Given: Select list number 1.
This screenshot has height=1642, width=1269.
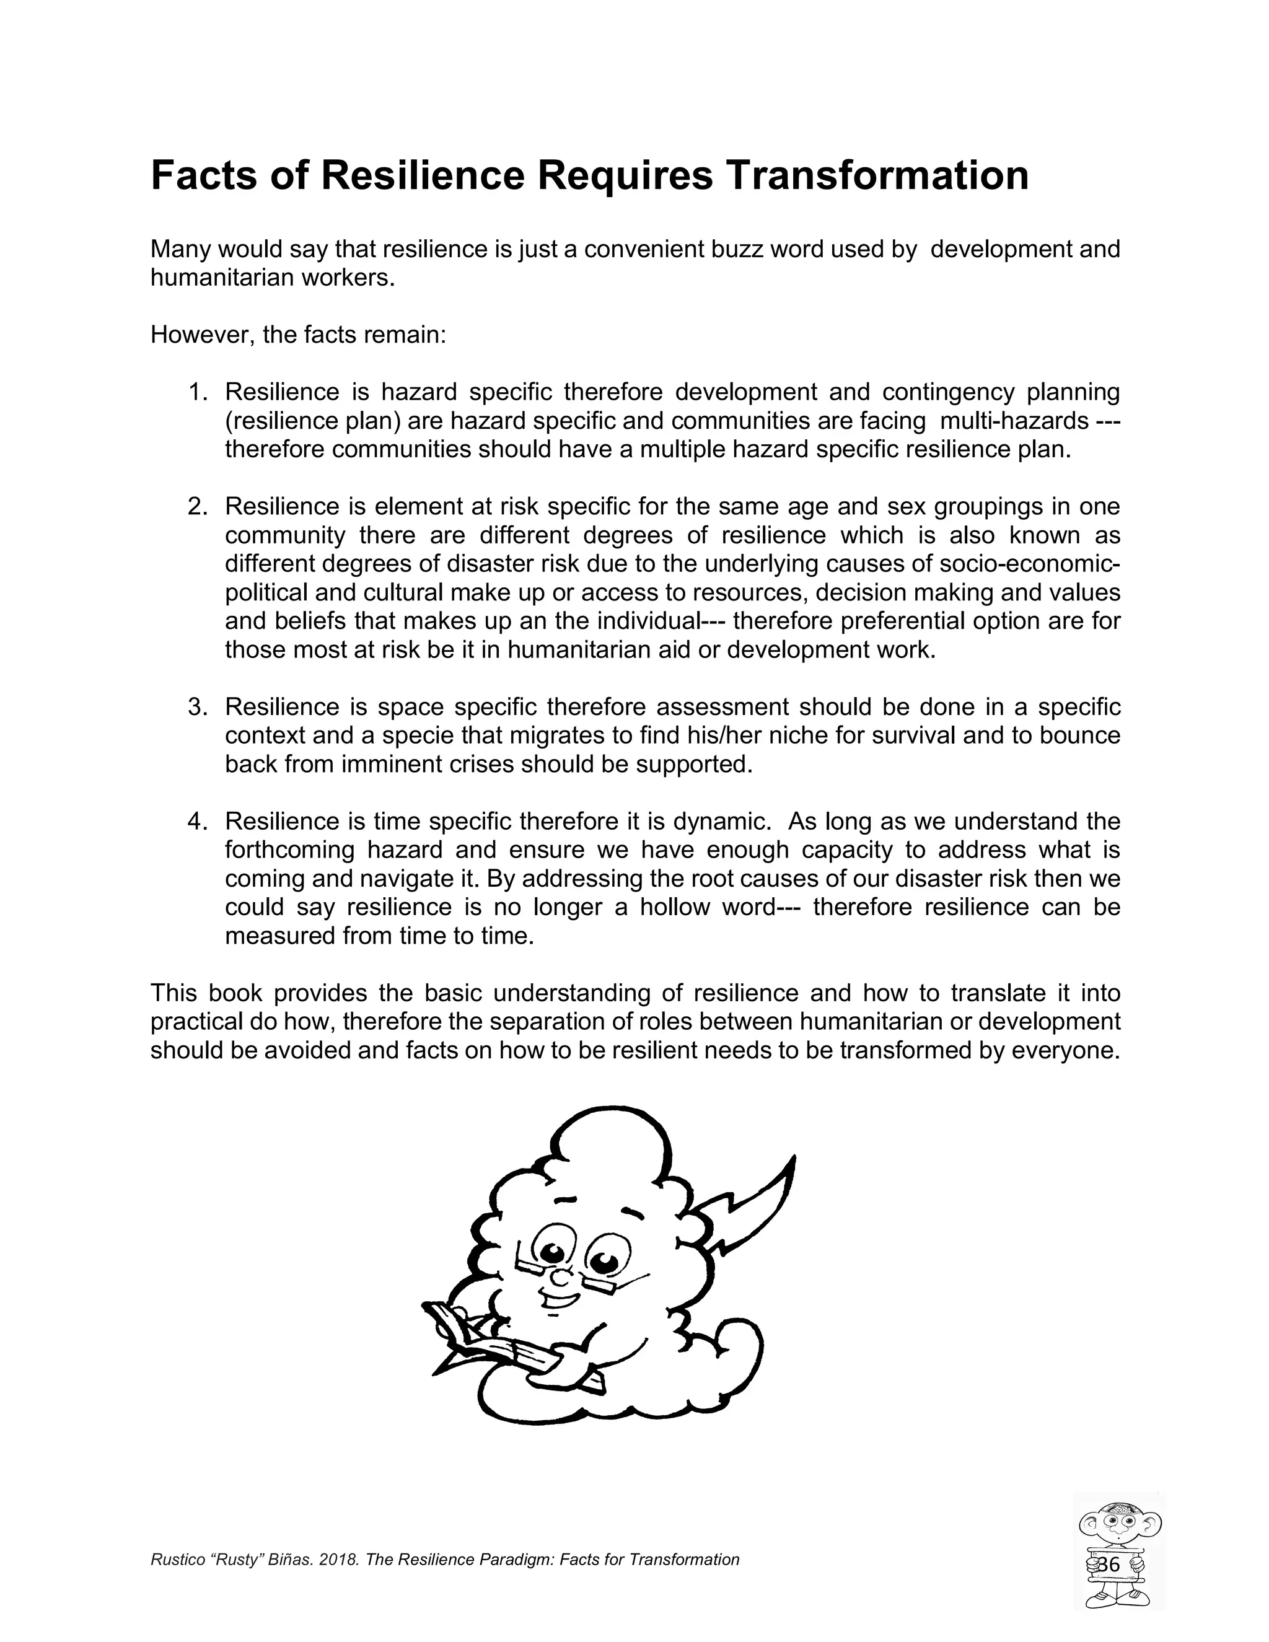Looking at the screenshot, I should point(197,392).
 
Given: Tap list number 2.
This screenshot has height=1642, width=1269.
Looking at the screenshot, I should point(197,507).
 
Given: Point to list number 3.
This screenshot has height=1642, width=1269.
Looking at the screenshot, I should point(197,707).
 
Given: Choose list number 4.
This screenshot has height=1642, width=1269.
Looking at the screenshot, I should point(197,821).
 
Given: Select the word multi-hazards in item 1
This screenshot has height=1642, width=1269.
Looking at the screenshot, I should point(1013,421).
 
